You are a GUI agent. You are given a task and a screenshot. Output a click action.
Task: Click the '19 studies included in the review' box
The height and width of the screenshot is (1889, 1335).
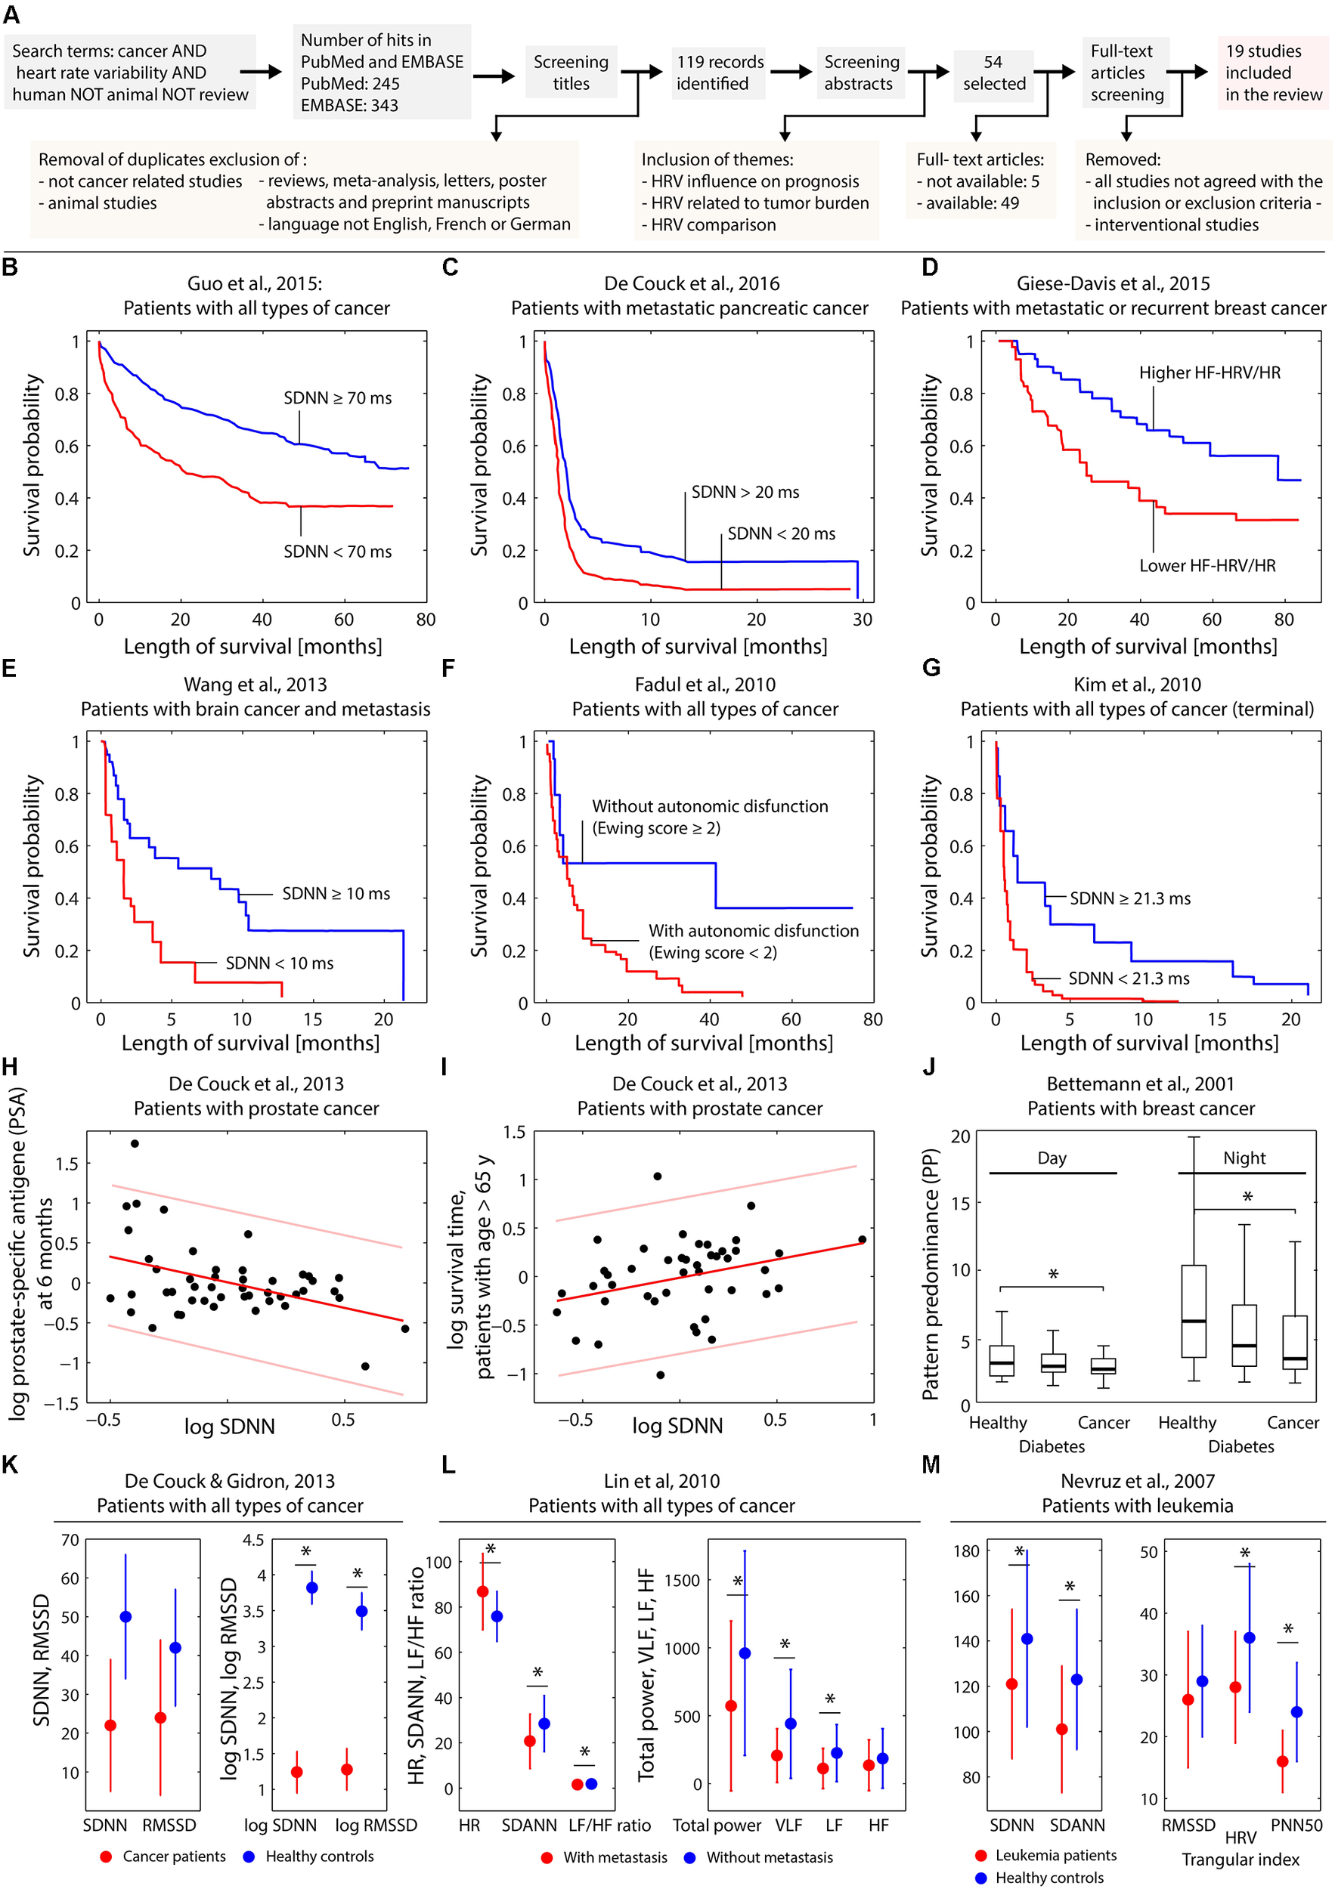(x=1273, y=73)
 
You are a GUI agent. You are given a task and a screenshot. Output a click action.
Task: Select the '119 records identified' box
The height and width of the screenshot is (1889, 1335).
(x=720, y=73)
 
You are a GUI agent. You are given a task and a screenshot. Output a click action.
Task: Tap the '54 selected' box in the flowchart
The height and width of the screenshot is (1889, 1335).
(x=993, y=73)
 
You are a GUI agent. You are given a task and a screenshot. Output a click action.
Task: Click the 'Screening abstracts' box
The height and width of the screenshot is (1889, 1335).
(x=861, y=73)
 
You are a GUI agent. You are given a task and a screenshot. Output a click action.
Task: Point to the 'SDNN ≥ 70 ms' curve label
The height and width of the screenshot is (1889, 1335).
(x=337, y=398)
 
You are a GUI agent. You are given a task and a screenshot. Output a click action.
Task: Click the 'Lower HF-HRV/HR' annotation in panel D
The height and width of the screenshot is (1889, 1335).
(x=1206, y=565)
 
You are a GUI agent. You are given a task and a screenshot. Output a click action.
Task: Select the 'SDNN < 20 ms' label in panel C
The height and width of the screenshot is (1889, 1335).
(x=780, y=534)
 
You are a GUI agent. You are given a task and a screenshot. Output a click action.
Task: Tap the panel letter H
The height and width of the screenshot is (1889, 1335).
(x=10, y=1067)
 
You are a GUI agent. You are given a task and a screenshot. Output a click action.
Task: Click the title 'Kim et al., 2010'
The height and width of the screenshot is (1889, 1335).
(x=1137, y=685)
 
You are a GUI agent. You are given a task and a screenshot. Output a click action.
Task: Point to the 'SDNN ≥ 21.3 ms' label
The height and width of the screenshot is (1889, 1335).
(x=1129, y=898)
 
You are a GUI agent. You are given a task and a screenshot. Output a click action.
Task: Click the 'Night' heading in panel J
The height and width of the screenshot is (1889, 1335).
(x=1244, y=1158)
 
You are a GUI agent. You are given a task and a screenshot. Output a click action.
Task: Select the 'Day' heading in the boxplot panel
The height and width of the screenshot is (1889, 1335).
(x=1051, y=1158)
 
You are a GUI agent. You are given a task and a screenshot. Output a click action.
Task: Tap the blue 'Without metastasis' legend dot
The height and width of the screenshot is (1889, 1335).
(x=689, y=1857)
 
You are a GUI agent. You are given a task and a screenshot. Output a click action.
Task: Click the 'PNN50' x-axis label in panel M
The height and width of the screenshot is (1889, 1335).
(x=1296, y=1825)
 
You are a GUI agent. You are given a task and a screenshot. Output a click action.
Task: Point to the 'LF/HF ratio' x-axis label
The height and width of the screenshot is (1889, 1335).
(x=609, y=1825)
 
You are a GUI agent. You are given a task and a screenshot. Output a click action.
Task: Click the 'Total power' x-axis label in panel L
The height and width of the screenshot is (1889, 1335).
(x=716, y=1825)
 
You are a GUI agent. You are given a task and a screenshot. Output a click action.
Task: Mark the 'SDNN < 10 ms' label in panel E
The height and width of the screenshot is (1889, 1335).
(x=279, y=963)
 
